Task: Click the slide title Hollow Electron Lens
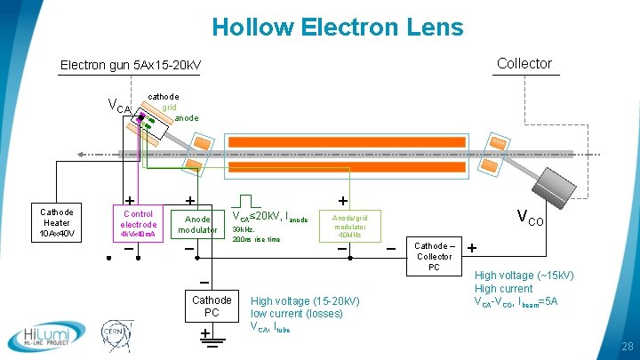[x=338, y=27]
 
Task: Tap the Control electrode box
[x=138, y=224]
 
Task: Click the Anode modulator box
[x=197, y=224]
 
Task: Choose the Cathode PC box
[x=212, y=307]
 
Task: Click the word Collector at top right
[x=524, y=63]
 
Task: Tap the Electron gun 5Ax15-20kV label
[x=131, y=66]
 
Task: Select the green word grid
[x=169, y=107]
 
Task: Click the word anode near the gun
[x=187, y=117]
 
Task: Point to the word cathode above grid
[x=163, y=96]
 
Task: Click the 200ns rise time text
[x=256, y=239]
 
